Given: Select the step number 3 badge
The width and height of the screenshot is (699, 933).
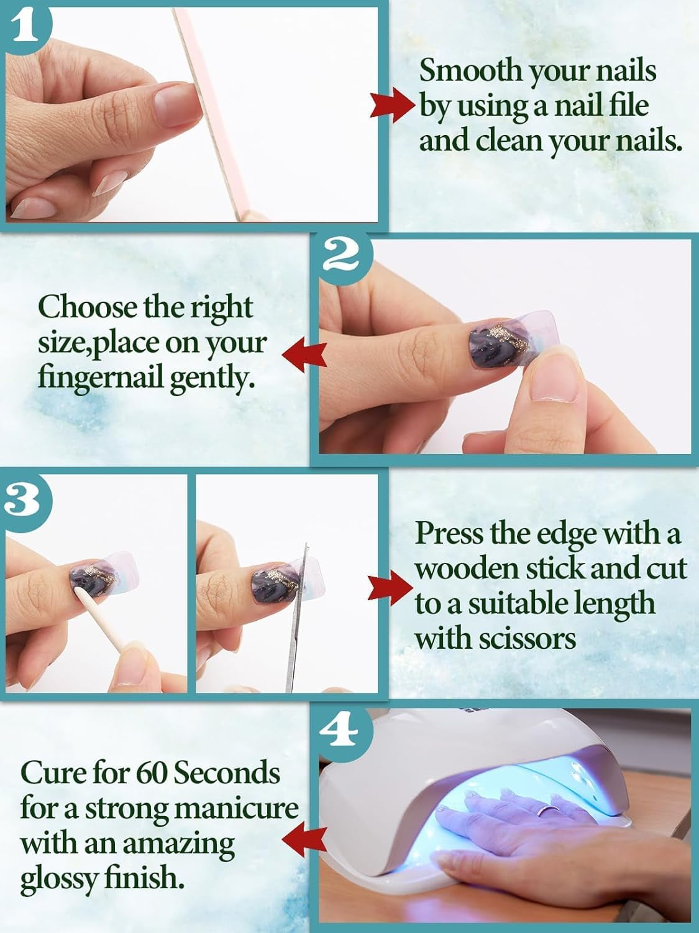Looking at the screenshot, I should (24, 499).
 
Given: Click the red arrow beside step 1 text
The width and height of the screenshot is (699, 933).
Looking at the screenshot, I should (392, 104).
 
